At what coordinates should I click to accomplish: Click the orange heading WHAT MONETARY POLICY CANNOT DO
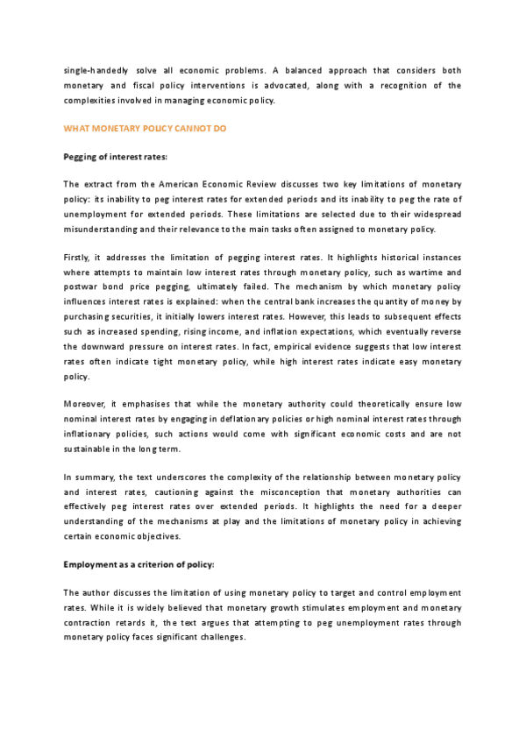[x=146, y=128]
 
